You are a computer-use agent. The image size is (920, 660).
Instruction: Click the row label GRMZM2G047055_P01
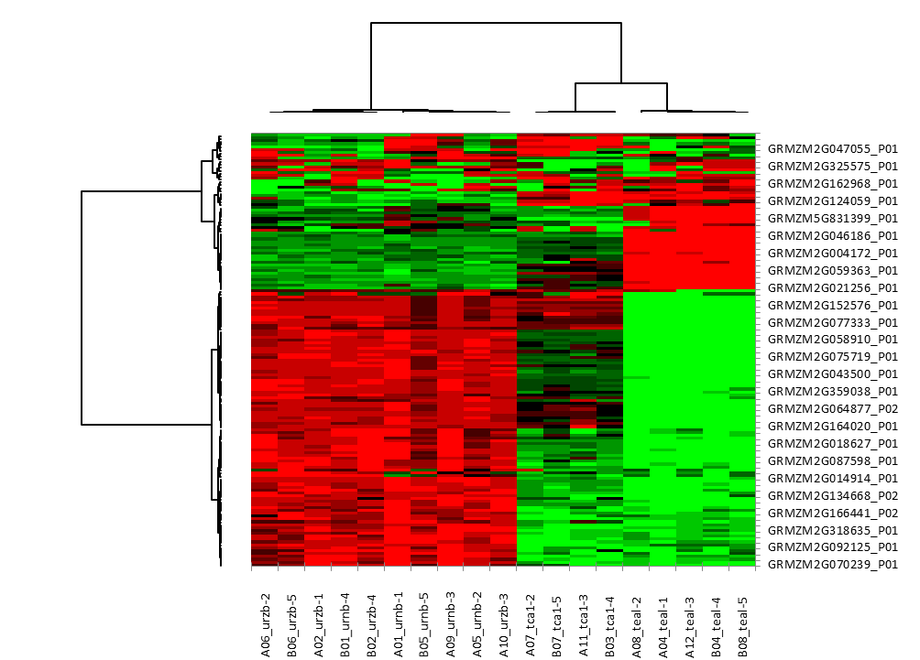[832, 148]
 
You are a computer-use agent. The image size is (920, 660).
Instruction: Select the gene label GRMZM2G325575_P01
[832, 166]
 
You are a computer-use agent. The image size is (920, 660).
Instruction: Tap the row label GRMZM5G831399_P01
[832, 219]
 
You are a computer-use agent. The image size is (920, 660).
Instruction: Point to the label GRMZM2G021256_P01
[832, 288]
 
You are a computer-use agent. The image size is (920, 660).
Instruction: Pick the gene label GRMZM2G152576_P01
[832, 306]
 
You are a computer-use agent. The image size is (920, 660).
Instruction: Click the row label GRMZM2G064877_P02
[832, 409]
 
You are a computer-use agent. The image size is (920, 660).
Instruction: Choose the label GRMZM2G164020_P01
[832, 427]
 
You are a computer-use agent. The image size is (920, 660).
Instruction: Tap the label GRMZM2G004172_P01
[832, 254]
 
